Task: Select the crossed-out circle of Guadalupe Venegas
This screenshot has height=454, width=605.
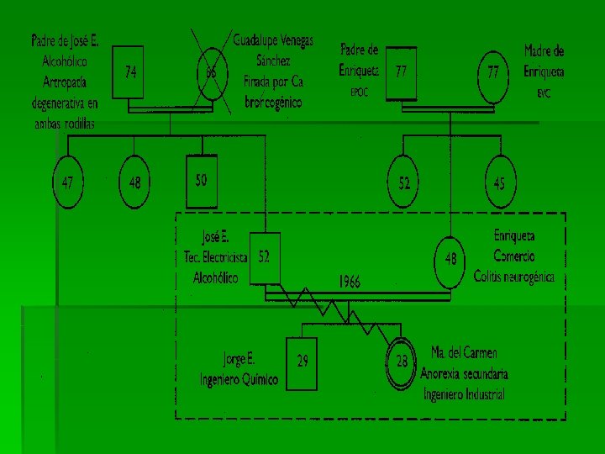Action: click(211, 72)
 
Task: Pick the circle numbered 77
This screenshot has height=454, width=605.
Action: click(492, 73)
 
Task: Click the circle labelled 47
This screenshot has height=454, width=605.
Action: click(68, 182)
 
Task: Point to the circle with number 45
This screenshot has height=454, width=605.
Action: click(499, 182)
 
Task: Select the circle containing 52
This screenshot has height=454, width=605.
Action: click(405, 182)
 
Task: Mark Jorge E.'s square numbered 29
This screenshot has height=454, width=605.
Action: click(302, 362)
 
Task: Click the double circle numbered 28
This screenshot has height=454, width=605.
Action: click(402, 362)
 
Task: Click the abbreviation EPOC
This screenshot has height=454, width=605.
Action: click(360, 92)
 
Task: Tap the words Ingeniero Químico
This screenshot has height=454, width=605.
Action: click(238, 380)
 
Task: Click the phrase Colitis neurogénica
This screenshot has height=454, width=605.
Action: click(513, 276)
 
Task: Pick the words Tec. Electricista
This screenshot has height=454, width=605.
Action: click(216, 256)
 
